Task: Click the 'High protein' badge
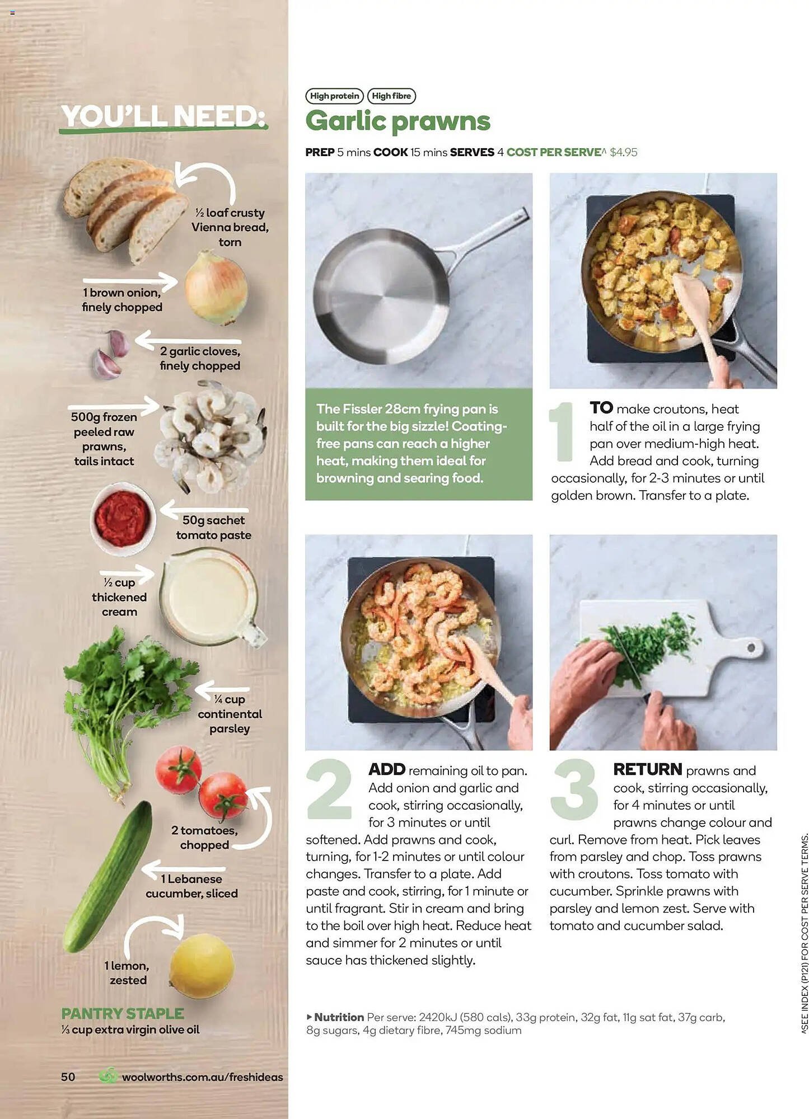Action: click(x=334, y=96)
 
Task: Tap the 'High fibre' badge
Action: click(x=391, y=96)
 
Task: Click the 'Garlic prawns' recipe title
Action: click(x=398, y=121)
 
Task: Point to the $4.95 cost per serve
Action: click(x=623, y=152)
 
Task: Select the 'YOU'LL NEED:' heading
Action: click(x=163, y=117)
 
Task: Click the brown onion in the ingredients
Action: click(x=216, y=288)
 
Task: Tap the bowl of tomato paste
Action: click(x=123, y=519)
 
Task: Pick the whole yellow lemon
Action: click(x=202, y=965)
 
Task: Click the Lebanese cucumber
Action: click(x=109, y=876)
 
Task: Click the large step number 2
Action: click(x=329, y=789)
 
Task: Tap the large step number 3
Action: click(x=574, y=789)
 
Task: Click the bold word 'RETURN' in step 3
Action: click(x=647, y=769)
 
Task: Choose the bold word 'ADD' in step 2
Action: click(x=386, y=769)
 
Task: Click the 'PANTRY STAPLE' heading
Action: click(x=122, y=1013)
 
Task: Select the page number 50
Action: click(x=68, y=1077)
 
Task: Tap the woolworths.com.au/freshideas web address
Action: click(x=202, y=1077)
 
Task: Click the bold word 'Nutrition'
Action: click(x=339, y=1017)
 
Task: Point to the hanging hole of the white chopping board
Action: click(x=751, y=647)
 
